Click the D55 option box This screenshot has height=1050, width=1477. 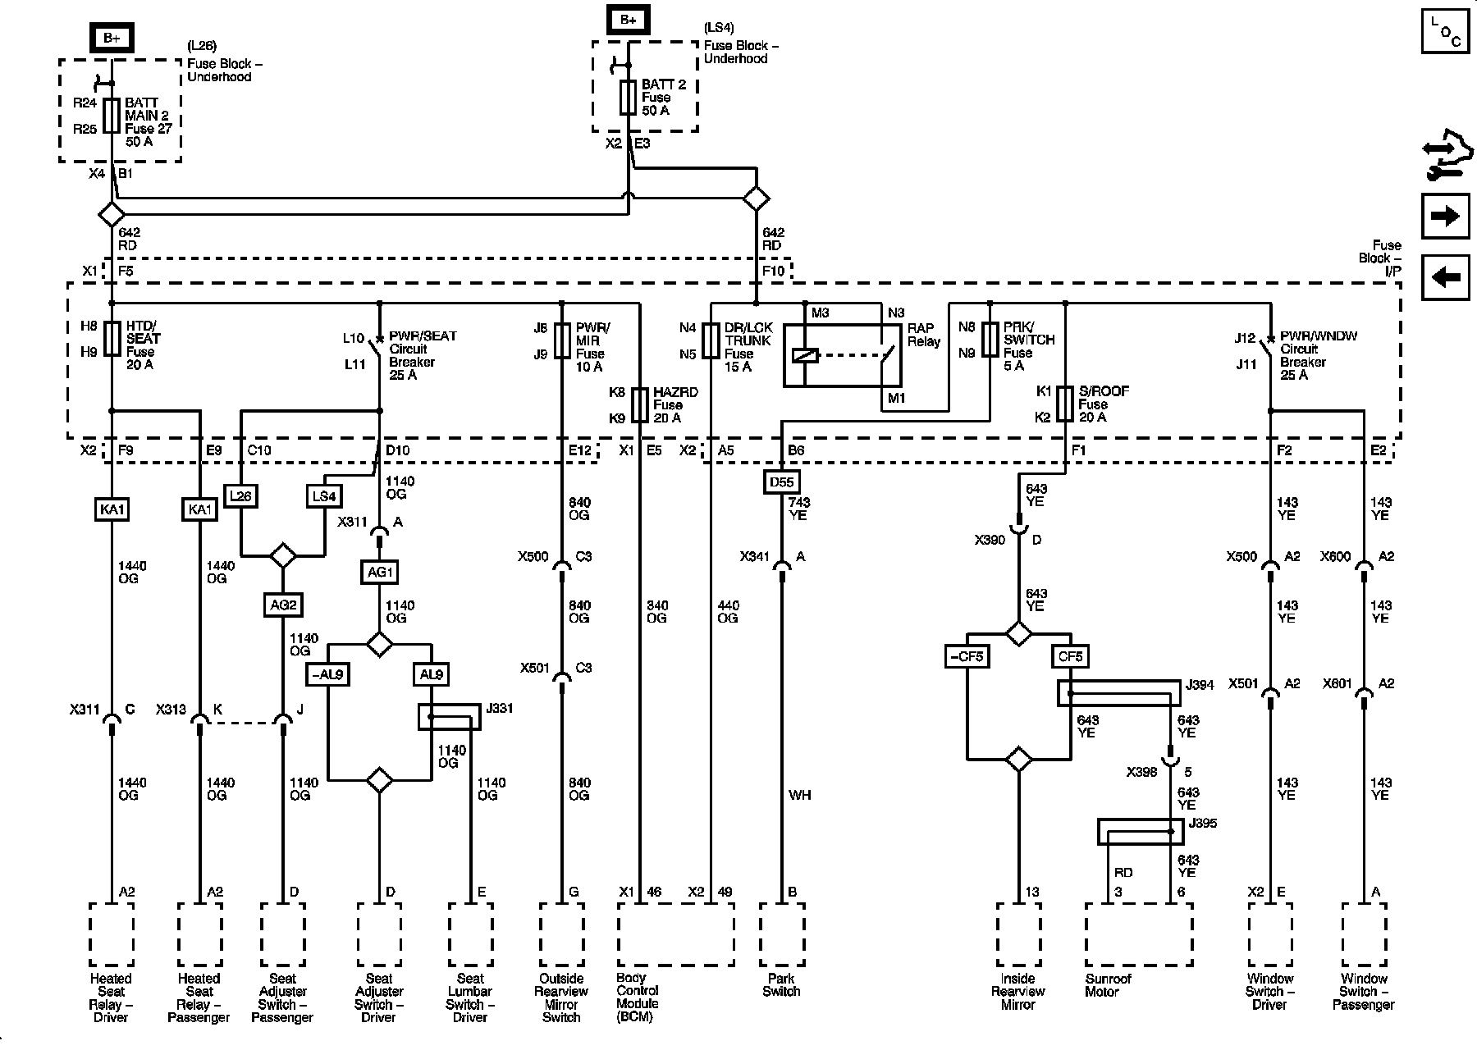click(x=780, y=482)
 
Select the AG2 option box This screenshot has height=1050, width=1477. click(x=282, y=605)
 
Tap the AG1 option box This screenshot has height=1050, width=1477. click(x=379, y=572)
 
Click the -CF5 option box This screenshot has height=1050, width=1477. click(x=967, y=656)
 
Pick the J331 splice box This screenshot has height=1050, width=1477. click(x=450, y=717)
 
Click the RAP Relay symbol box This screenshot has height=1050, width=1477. click(x=842, y=355)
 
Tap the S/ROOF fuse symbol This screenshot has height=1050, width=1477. click(x=1064, y=404)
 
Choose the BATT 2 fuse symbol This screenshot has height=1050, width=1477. click(x=629, y=98)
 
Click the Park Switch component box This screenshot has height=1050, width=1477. click(x=781, y=934)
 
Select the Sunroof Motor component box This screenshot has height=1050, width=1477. click(x=1139, y=934)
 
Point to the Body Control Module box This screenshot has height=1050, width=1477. click(x=675, y=934)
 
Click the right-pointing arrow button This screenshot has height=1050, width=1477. click(x=1445, y=216)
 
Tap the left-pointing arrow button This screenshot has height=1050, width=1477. click(x=1445, y=277)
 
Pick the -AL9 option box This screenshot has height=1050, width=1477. click(x=328, y=674)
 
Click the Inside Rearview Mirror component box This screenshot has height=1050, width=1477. click(x=1018, y=934)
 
